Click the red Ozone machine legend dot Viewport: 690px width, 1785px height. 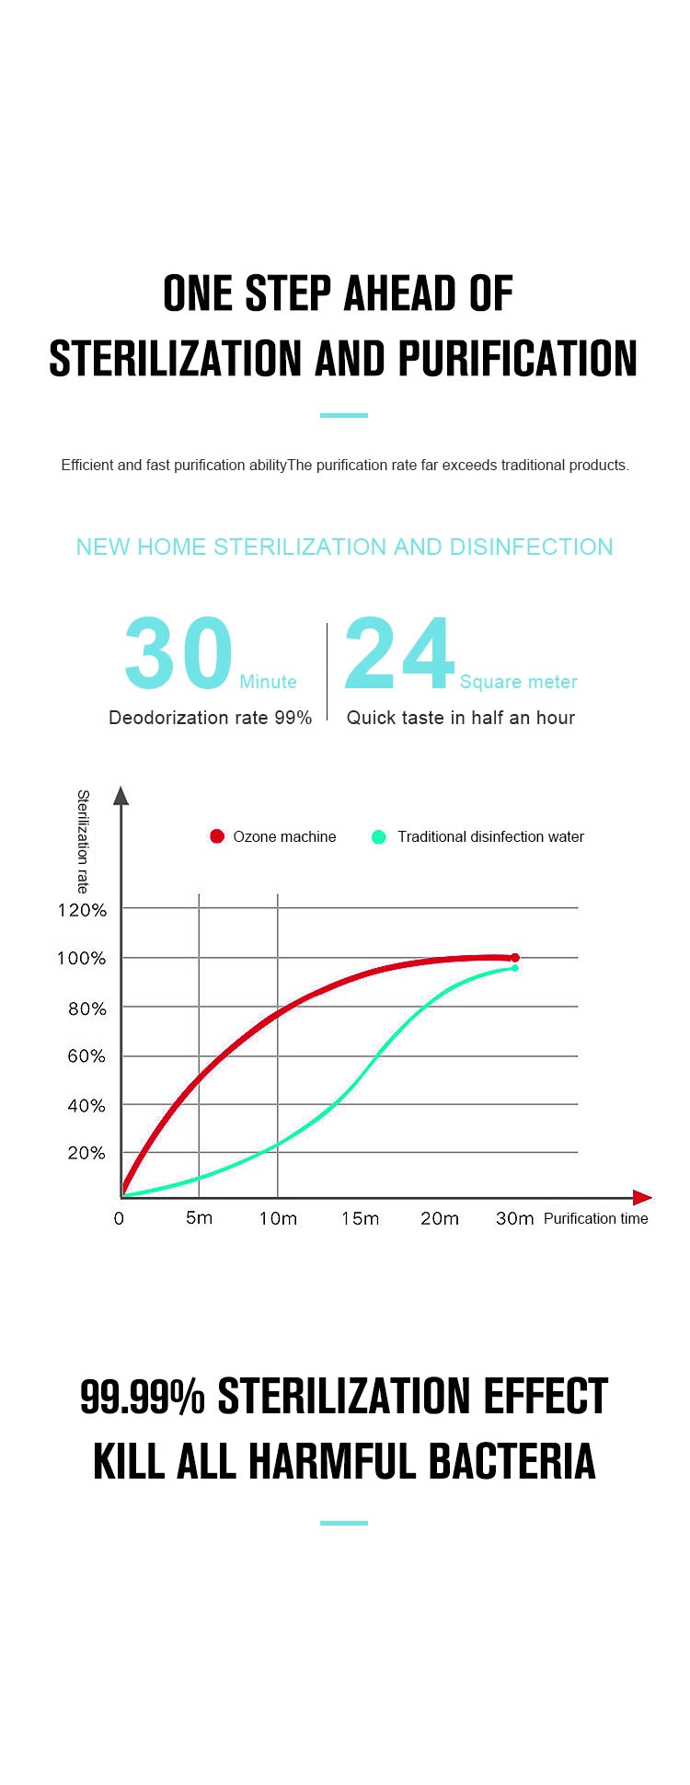pyautogui.click(x=217, y=836)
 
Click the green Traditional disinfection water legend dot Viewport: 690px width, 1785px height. pyautogui.click(x=378, y=837)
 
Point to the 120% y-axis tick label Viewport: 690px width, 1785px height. pyautogui.click(x=83, y=910)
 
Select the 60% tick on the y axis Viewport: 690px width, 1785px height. pyautogui.click(x=86, y=1056)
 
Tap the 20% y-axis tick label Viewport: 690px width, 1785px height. pyautogui.click(x=86, y=1153)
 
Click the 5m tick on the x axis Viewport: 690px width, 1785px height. pyautogui.click(x=199, y=1218)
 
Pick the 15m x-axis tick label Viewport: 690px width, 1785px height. pyautogui.click(x=360, y=1218)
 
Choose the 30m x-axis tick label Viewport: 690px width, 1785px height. pyautogui.click(x=514, y=1218)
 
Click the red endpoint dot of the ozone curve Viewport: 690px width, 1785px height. pyautogui.click(x=515, y=958)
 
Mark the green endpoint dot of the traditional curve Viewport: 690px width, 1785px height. pyautogui.click(x=515, y=968)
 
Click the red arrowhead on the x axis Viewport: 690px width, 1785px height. pyautogui.click(x=643, y=1197)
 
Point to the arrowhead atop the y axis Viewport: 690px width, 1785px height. pyautogui.click(x=121, y=796)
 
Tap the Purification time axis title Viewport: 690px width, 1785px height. pyautogui.click(x=595, y=1218)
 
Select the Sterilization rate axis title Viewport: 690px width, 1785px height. pyautogui.click(x=83, y=841)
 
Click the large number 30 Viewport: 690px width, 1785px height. pyautogui.click(x=178, y=653)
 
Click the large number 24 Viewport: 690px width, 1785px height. pyautogui.click(x=399, y=653)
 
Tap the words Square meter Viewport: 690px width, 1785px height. pyautogui.click(x=519, y=682)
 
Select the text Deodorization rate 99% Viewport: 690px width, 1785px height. pyautogui.click(x=210, y=718)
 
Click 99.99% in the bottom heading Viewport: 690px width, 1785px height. pyautogui.click(x=143, y=1396)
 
